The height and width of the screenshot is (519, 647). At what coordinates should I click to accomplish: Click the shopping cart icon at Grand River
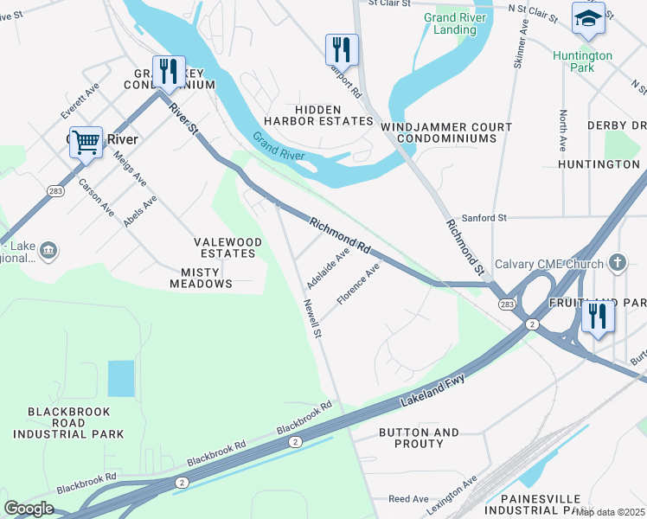pyautogui.click(x=86, y=142)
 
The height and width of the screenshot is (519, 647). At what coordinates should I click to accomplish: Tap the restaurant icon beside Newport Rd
pyautogui.click(x=342, y=49)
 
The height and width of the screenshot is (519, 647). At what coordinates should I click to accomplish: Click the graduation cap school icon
pyautogui.click(x=588, y=18)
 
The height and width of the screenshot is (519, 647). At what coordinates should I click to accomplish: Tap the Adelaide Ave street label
pyautogui.click(x=328, y=269)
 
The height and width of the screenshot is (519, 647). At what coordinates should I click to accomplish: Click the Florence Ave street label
pyautogui.click(x=358, y=285)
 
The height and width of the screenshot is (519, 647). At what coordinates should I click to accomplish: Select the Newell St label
pyautogui.click(x=312, y=317)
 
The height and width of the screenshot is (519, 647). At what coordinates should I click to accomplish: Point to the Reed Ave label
pyautogui.click(x=408, y=499)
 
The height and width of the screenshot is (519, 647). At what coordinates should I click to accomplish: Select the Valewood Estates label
pyautogui.click(x=225, y=247)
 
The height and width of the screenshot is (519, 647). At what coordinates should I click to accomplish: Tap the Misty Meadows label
pyautogui.click(x=201, y=277)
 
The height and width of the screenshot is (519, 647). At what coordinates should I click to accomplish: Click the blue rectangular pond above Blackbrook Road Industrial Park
pyautogui.click(x=121, y=379)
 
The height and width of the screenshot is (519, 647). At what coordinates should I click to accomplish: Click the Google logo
pyautogui.click(x=29, y=509)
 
